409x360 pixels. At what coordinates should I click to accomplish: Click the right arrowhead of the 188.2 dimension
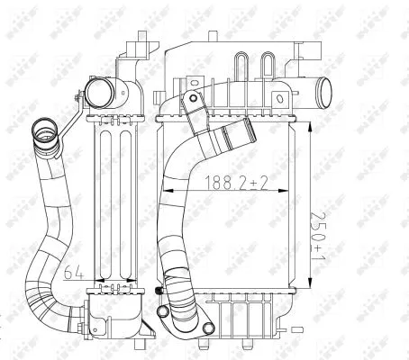tap(291, 193)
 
